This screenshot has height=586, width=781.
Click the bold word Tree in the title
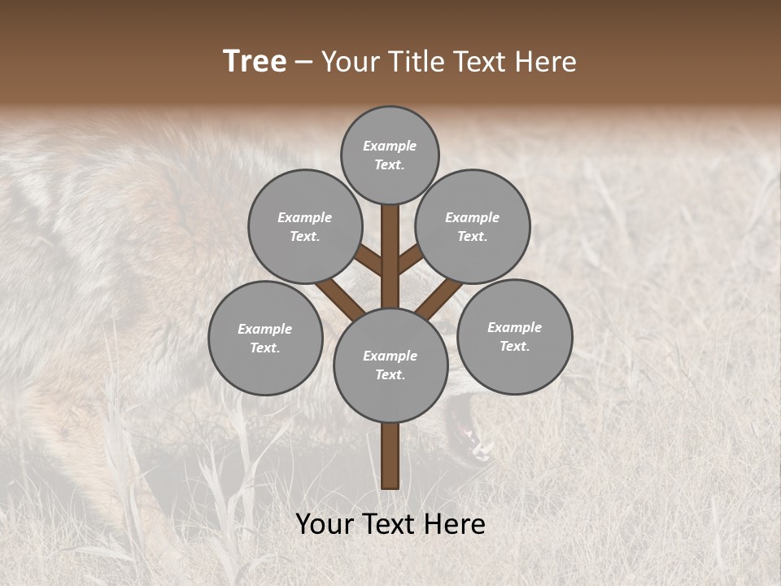(255, 62)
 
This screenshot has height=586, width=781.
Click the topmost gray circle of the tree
(390, 155)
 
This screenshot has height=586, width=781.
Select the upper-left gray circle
(305, 226)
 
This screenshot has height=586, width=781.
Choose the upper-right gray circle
(473, 226)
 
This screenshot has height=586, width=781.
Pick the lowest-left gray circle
(265, 338)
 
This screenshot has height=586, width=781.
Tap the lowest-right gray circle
(514, 336)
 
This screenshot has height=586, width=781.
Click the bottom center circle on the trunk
(390, 365)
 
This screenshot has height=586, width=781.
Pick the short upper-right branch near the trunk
(409, 260)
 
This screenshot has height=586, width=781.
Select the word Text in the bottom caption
(394, 524)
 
